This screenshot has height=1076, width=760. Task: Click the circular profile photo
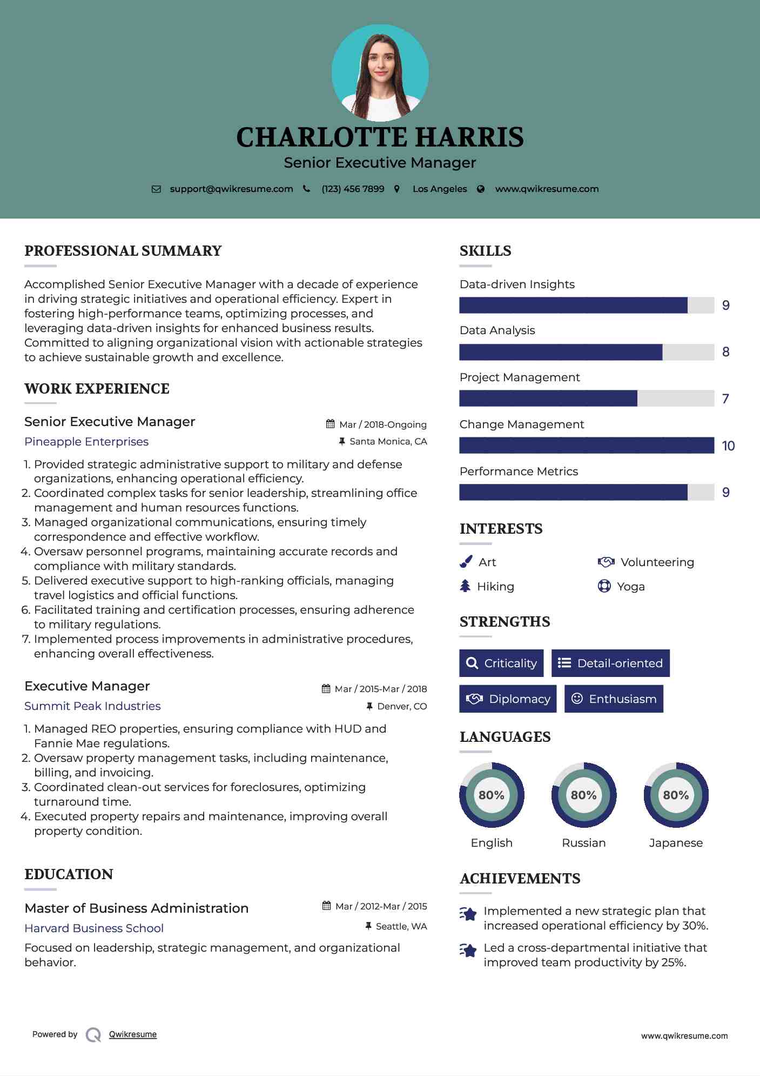(380, 73)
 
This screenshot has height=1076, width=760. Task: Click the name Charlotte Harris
(380, 137)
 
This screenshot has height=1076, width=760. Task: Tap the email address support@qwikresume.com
(231, 189)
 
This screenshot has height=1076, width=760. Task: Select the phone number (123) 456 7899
(353, 189)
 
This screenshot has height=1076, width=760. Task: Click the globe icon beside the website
(481, 189)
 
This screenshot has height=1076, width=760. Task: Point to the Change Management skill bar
(587, 446)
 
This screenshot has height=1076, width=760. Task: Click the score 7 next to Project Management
(725, 399)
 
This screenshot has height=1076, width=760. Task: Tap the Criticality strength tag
(501, 663)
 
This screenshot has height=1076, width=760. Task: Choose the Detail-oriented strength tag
(610, 663)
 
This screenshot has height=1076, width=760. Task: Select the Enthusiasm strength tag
(614, 699)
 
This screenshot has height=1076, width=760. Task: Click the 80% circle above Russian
(584, 795)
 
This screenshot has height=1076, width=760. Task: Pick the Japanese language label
(676, 843)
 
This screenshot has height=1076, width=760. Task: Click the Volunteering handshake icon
(606, 562)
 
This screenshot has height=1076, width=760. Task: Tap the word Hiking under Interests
(495, 587)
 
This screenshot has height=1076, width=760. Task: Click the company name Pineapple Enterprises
(86, 442)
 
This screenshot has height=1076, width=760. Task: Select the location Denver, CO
(402, 706)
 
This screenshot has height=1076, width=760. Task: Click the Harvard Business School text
(94, 928)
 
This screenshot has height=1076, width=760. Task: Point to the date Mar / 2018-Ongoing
(382, 425)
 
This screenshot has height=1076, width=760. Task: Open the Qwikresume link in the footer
(133, 1034)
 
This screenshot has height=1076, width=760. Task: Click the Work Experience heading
(97, 389)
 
